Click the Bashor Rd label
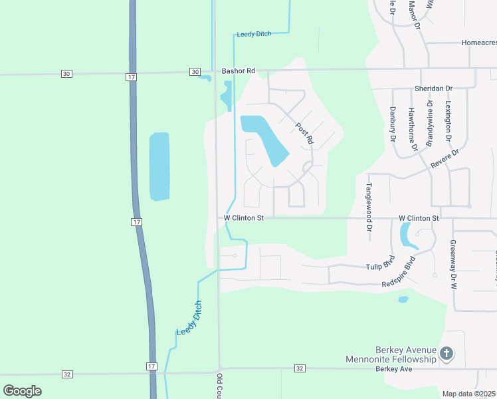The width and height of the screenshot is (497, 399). (x=238, y=71)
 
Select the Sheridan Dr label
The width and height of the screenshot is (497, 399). (x=433, y=88)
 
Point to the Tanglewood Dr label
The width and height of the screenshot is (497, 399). (x=369, y=207)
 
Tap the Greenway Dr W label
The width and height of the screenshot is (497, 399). (x=453, y=265)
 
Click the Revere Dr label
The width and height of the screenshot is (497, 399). (x=446, y=161)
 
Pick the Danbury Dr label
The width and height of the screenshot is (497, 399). (x=393, y=125)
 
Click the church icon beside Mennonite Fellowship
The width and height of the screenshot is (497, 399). (x=447, y=354)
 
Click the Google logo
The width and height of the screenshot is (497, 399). (x=22, y=391)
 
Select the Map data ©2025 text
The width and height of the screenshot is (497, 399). (x=469, y=394)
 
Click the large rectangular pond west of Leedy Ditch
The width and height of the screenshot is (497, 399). (x=159, y=166)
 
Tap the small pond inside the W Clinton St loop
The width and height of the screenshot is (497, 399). (x=405, y=234)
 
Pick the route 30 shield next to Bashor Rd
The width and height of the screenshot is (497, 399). (x=195, y=72)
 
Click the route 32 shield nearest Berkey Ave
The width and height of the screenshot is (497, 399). (x=300, y=368)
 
